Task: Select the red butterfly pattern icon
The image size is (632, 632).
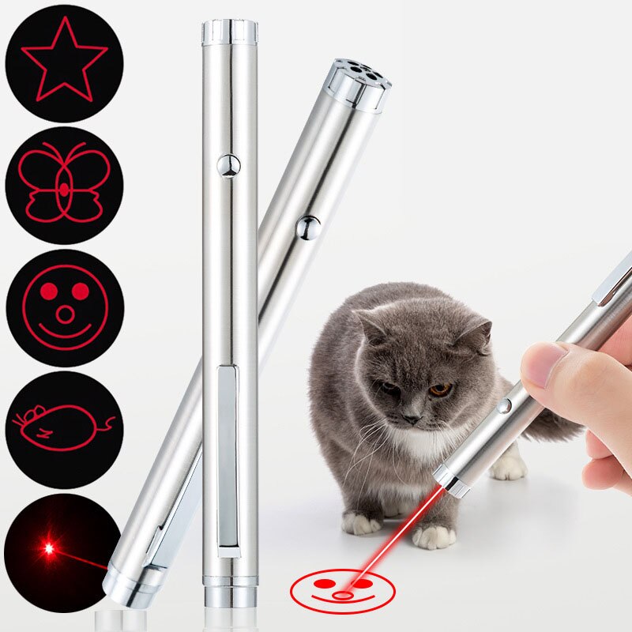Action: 64,182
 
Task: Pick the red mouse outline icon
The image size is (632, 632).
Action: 64,427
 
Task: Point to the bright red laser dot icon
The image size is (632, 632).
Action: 49,547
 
